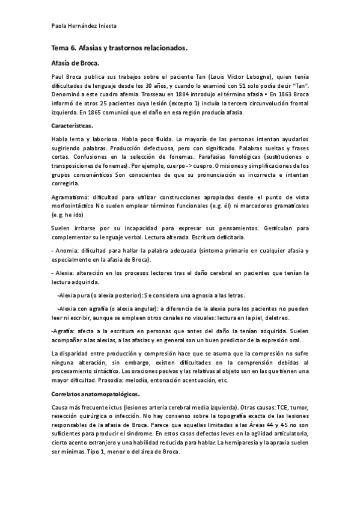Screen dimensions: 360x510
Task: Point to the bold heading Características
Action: [72, 126]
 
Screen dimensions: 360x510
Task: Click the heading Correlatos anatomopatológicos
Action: [96, 394]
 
